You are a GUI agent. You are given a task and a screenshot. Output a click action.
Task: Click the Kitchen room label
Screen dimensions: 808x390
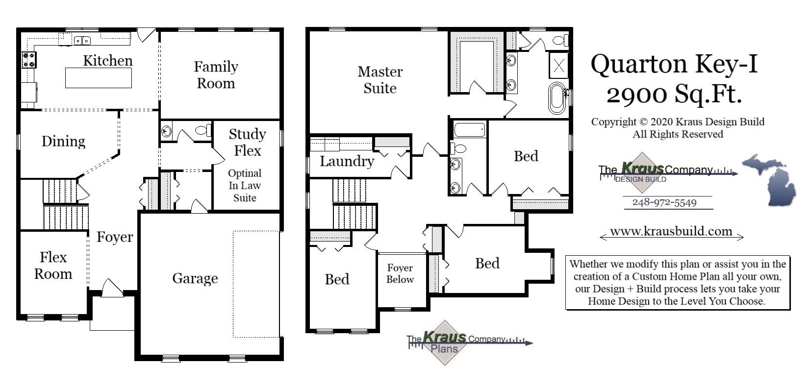point(108,61)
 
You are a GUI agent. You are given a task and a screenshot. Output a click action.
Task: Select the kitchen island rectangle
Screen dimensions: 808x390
point(99,78)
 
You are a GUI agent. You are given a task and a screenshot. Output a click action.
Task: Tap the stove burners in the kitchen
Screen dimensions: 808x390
point(29,60)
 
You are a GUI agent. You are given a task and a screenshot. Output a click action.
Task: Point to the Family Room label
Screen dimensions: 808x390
point(216,74)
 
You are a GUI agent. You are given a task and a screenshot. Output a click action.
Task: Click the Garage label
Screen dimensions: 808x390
point(195,278)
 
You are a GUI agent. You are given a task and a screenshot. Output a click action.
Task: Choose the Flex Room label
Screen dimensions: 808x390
point(53,265)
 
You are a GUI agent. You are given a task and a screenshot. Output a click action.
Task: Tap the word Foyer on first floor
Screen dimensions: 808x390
point(115,237)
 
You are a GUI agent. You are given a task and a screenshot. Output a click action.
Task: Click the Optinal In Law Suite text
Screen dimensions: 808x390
point(245,186)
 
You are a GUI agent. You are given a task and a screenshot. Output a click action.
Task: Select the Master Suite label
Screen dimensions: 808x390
point(380,79)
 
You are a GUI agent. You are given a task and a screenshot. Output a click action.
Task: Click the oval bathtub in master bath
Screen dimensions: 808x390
point(556,97)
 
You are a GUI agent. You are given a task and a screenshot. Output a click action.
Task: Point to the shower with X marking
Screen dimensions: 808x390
point(559,65)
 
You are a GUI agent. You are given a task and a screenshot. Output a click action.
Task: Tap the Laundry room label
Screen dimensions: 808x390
point(347,161)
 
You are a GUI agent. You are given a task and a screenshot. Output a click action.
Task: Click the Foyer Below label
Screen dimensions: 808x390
point(400,273)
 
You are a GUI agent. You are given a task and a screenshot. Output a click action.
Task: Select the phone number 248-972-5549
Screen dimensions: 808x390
point(664,202)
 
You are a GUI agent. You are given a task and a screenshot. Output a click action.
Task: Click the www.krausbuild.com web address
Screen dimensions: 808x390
point(671,231)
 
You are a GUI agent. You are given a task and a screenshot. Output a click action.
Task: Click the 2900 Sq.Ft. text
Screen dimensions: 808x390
point(674,94)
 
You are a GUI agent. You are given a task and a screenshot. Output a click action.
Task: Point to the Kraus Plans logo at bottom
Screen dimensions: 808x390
point(444,342)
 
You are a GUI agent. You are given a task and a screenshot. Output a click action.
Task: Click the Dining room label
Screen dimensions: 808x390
point(63,141)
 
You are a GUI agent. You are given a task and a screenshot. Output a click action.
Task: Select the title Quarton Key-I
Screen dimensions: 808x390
point(674,64)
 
